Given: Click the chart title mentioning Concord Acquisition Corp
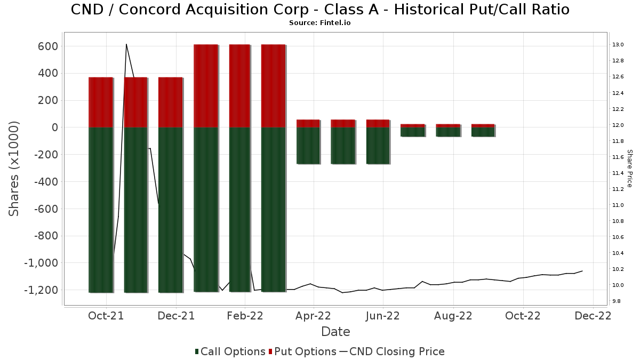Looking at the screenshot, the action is tap(320, 10).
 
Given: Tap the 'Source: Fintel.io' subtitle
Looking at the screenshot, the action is tap(319, 23).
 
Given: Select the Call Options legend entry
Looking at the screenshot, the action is tap(230, 351).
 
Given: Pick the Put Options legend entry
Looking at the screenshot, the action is tap(302, 351).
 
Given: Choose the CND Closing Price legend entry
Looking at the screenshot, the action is tap(392, 351).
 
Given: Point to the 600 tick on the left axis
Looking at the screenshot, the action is tap(47, 46).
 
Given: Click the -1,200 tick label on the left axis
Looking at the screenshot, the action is tap(41, 290).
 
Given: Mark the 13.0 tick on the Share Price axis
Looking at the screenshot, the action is tap(618, 45).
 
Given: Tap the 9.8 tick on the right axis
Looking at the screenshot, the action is tap(617, 301).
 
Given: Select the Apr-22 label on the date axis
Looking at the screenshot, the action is tap(313, 316).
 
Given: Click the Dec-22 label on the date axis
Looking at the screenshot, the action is tap(593, 316).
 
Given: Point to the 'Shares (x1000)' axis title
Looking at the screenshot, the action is tap(14, 169).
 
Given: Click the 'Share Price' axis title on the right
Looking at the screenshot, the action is tap(629, 169).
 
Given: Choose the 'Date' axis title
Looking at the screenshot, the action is tap(335, 332).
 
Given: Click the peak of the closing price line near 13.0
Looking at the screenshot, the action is tap(126, 44).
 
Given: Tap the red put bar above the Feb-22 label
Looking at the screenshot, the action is tap(239, 86).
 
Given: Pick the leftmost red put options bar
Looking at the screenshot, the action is tap(101, 102).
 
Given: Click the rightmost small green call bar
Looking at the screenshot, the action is tap(483, 132).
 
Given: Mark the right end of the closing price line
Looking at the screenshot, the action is tap(582, 271).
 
